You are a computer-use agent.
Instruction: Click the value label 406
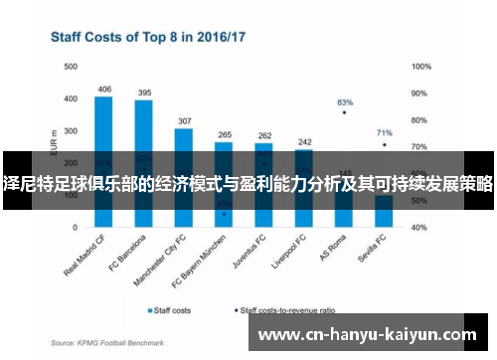[104, 90]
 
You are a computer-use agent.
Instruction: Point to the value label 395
[144, 92]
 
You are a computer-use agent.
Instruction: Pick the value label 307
[184, 120]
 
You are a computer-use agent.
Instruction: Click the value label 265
[225, 134]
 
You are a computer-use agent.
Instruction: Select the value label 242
[304, 142]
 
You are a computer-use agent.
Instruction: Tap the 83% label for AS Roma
[345, 102]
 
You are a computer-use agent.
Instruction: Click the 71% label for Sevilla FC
[385, 132]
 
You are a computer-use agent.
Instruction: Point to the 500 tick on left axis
[70, 67]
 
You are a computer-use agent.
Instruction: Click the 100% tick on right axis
[420, 67]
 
